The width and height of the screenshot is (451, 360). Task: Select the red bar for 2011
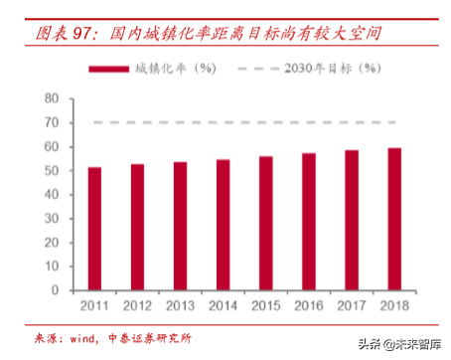tap(95, 230)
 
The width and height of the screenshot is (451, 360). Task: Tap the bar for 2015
tap(266, 224)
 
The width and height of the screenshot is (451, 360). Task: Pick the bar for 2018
tap(394, 220)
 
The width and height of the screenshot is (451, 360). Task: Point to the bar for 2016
tap(309, 223)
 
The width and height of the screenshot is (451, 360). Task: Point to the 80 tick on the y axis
tap(52, 98)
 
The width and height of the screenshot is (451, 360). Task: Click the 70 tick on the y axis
tap(52, 122)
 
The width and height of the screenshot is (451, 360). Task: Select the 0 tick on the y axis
tap(56, 291)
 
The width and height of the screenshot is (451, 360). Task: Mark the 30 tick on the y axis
tap(52, 219)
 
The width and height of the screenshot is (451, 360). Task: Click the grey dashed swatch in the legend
tap(257, 69)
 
